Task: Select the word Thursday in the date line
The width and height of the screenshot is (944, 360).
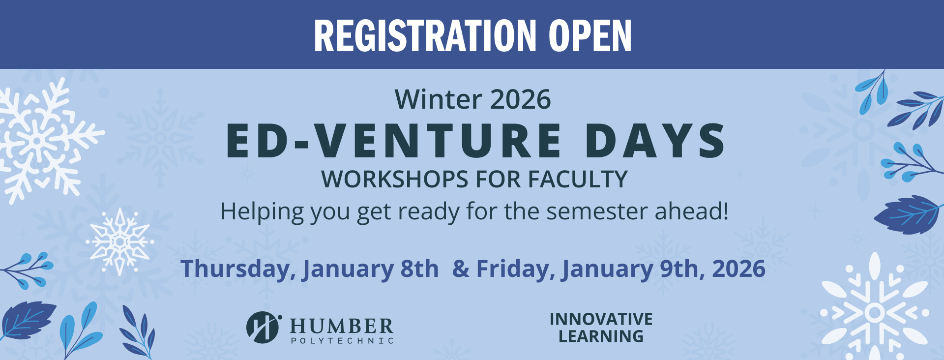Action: tap(238, 269)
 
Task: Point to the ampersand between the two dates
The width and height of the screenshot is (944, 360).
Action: tap(461, 269)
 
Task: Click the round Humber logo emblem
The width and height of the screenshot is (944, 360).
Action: tap(263, 327)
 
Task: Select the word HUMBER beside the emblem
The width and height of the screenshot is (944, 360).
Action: tap(342, 326)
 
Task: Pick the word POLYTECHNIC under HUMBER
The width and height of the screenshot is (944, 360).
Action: tap(342, 341)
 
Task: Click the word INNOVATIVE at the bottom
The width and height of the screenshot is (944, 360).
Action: tap(601, 319)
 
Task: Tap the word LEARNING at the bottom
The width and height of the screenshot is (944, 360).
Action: tap(601, 336)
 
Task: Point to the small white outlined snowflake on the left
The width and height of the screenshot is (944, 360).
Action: tap(119, 241)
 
